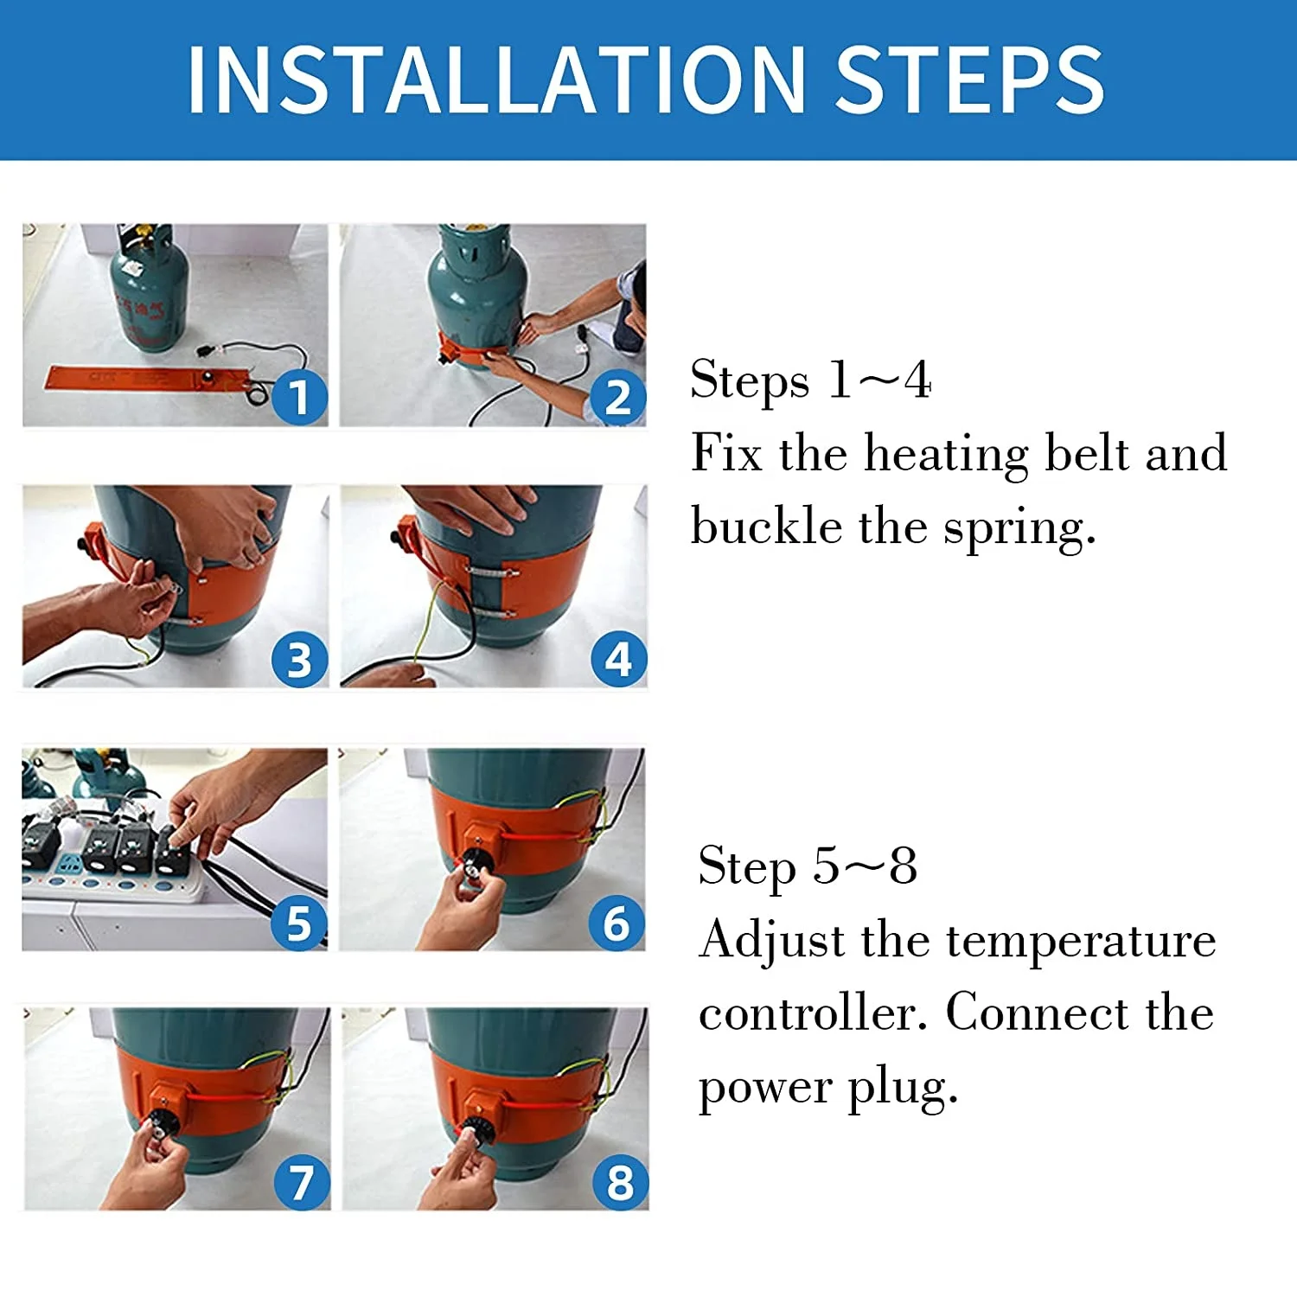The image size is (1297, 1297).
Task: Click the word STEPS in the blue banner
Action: [970, 80]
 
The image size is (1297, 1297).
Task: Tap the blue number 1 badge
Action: [299, 398]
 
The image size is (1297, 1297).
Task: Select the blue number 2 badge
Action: [617, 399]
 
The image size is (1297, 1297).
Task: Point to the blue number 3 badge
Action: [299, 660]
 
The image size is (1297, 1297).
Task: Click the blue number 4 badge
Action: [618, 660]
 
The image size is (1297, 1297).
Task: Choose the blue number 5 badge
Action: [298, 923]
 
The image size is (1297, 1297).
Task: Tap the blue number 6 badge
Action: [617, 923]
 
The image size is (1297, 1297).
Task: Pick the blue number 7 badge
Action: [302, 1182]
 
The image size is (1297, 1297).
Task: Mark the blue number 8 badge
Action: [620, 1182]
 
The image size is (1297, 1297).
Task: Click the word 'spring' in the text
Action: [1019, 528]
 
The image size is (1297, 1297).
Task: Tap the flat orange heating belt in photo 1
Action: [147, 378]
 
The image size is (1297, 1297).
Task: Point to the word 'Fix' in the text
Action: [726, 452]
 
